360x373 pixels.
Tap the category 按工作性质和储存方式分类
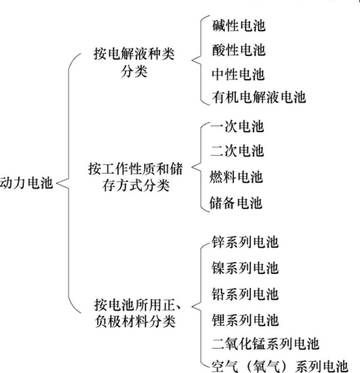[x=134, y=178]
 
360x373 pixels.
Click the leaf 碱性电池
[x=239, y=26]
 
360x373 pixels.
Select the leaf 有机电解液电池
[x=259, y=97]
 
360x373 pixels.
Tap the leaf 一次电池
[x=237, y=127]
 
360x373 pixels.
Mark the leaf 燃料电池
[x=237, y=177]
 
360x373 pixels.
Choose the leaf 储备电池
[x=237, y=203]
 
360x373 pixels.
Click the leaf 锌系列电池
[x=245, y=243]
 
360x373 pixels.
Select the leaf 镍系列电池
[x=245, y=268]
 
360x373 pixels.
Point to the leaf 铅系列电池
[x=245, y=294]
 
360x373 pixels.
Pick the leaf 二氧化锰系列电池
[x=265, y=344]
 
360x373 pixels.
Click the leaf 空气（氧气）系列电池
[x=279, y=365]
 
